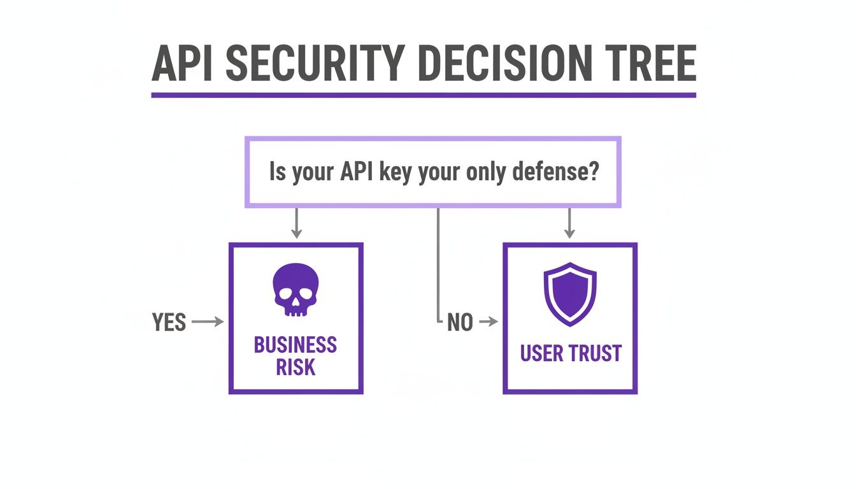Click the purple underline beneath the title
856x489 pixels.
click(423, 95)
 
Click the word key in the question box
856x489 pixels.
click(394, 172)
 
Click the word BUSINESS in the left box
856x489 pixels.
click(296, 345)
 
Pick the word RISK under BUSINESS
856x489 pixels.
click(296, 367)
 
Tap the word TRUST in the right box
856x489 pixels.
click(592, 353)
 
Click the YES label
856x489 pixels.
click(169, 322)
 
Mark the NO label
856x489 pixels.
click(460, 323)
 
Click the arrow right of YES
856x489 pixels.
click(208, 322)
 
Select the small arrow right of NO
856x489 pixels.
click(488, 322)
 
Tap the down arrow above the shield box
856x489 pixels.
click(569, 224)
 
